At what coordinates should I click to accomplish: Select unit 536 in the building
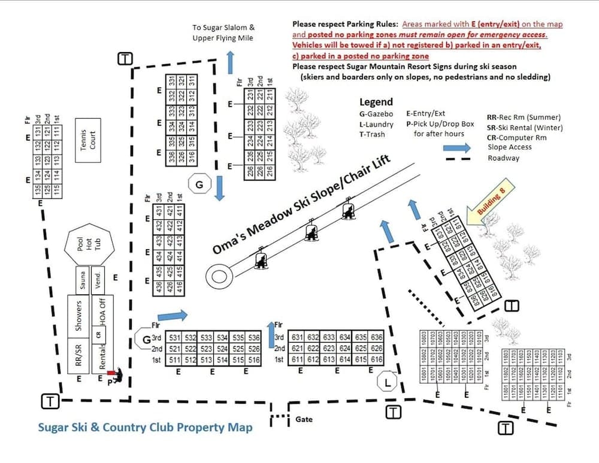pyautogui.click(x=255, y=337)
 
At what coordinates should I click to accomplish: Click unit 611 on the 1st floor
pyautogui.click(x=297, y=360)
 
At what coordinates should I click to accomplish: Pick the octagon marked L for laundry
pyautogui.click(x=388, y=382)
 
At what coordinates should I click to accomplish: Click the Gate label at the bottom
pyautogui.click(x=304, y=419)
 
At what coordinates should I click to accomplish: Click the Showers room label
pyautogui.click(x=78, y=315)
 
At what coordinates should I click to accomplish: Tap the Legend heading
pyautogui.click(x=376, y=102)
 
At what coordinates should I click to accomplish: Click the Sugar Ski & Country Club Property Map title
pyautogui.click(x=145, y=428)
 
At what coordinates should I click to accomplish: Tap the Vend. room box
pyautogui.click(x=99, y=280)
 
